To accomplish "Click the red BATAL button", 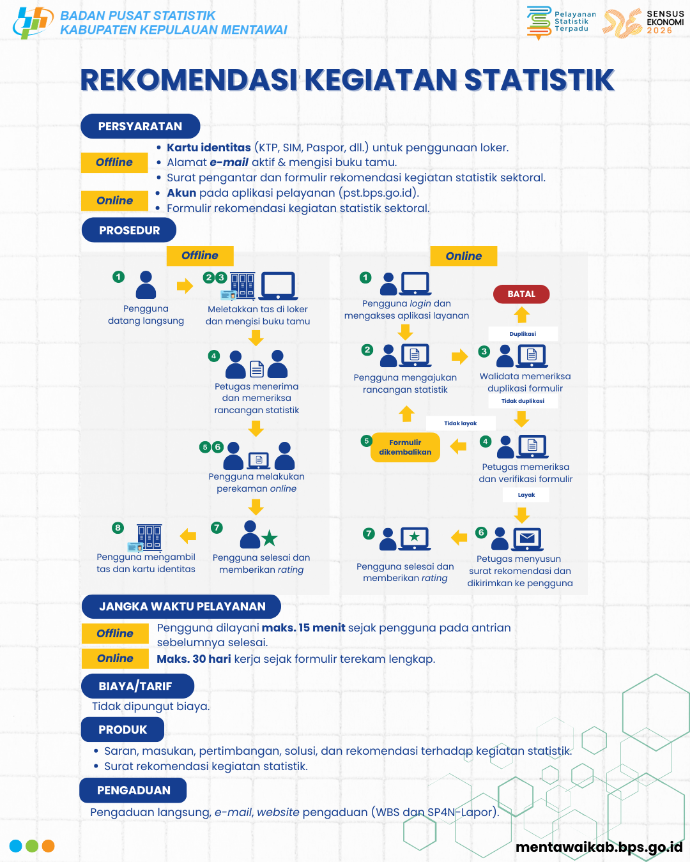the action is tap(521, 294).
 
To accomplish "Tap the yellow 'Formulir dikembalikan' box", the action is tap(405, 447).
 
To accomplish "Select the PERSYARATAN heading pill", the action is tap(141, 126).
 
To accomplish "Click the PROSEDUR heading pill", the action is tap(129, 230).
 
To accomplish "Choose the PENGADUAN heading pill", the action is tap(133, 790).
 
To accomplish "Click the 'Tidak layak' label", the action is tap(460, 423).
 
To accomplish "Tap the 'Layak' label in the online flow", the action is tap(526, 495).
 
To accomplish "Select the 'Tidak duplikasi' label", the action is tap(523, 401).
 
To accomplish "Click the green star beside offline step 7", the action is tap(269, 538).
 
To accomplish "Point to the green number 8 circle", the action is tap(118, 527).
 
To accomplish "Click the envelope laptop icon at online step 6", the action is tap(527, 539).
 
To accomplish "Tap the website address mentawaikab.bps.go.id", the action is tap(599, 847).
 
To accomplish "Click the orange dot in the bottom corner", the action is tap(48, 846).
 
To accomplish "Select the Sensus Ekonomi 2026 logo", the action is tap(643, 23).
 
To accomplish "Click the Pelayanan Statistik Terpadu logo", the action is tap(562, 22).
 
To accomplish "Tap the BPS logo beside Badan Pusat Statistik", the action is tap(33, 22).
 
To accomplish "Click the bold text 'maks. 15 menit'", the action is tap(303, 627).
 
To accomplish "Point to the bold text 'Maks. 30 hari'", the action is tap(194, 658).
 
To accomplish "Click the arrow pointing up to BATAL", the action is tap(521, 315).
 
